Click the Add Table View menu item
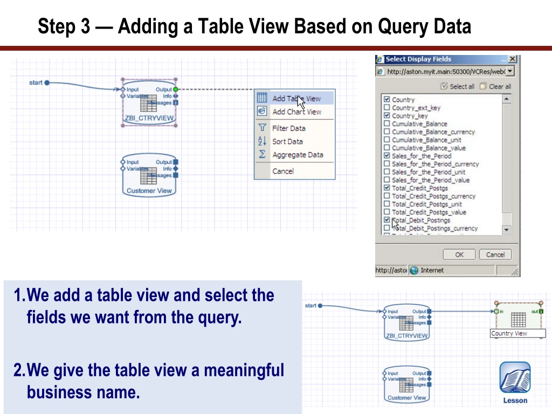pyautogui.click(x=295, y=99)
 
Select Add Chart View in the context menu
pyautogui.click(x=296, y=112)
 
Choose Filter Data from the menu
pyautogui.click(x=288, y=128)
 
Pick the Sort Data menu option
pyautogui.click(x=287, y=142)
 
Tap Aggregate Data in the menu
pyautogui.click(x=298, y=155)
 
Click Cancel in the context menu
pyautogui.click(x=283, y=171)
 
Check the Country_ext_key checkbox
pyautogui.click(x=387, y=108)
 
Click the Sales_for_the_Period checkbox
pyautogui.click(x=387, y=156)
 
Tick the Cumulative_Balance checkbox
pyautogui.click(x=387, y=123)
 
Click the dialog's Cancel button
pyautogui.click(x=495, y=254)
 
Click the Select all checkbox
pyautogui.click(x=444, y=86)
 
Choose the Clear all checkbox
pyautogui.click(x=483, y=86)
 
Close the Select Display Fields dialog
pyautogui.click(x=512, y=59)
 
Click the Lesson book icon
pyautogui.click(x=515, y=378)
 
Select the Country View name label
pyautogui.click(x=509, y=334)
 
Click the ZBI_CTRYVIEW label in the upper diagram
pyautogui.click(x=149, y=118)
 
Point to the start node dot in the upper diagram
pyautogui.click(x=47, y=82)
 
